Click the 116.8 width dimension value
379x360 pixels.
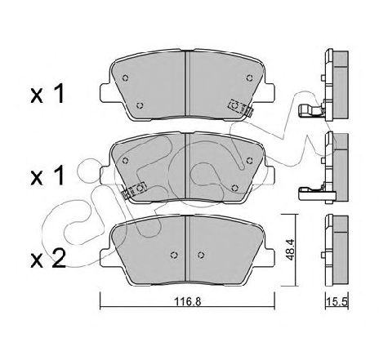tap(188, 302)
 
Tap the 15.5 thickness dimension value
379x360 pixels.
tap(338, 302)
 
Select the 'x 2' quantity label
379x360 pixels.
tap(48, 259)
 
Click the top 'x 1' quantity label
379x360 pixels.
tap(47, 93)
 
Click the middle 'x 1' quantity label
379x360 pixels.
tap(47, 176)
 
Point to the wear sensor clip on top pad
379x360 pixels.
tap(240, 107)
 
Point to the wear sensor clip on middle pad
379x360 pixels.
tap(134, 190)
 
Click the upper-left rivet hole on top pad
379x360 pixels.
tap(125, 78)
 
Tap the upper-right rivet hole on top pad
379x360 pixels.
tap(249, 78)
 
